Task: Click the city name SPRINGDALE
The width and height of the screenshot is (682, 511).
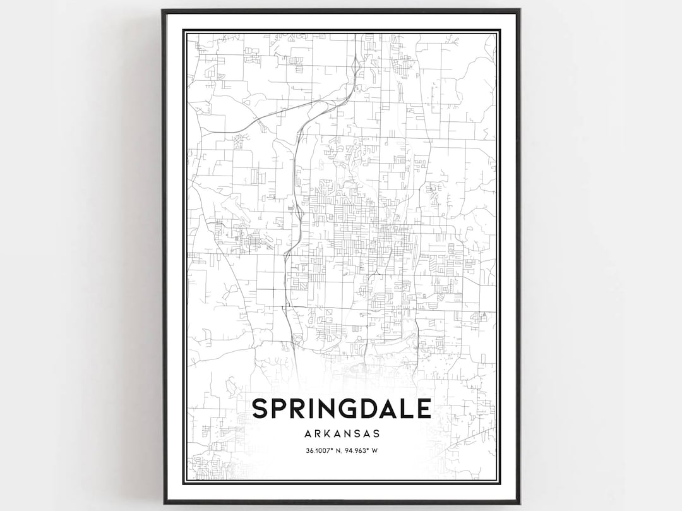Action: pyautogui.click(x=342, y=408)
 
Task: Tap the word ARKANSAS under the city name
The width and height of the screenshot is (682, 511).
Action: pyautogui.click(x=342, y=434)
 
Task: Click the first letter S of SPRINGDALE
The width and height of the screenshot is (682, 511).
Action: pyautogui.click(x=260, y=408)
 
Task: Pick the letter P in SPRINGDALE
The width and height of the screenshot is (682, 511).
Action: pyautogui.click(x=280, y=408)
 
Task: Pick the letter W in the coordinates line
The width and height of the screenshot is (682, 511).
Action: pyautogui.click(x=374, y=451)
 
